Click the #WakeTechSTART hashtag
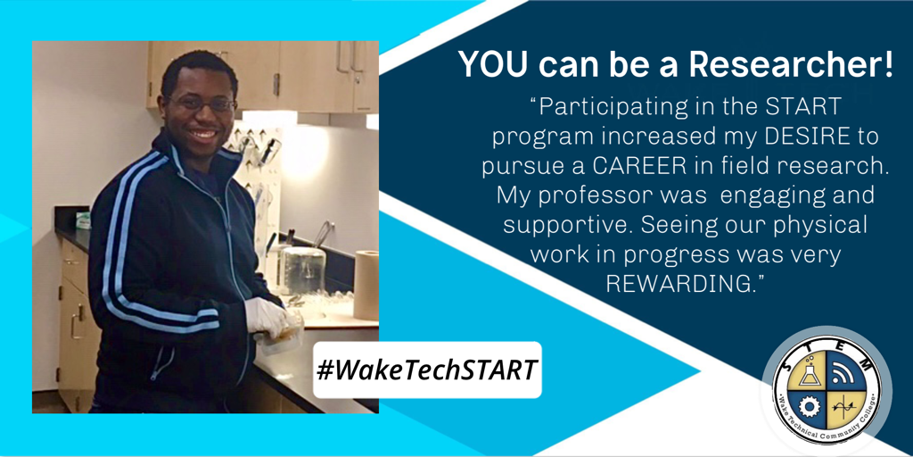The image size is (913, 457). pyautogui.click(x=427, y=370)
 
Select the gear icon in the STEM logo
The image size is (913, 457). pyautogui.click(x=809, y=406)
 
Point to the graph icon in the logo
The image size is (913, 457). pyautogui.click(x=842, y=406)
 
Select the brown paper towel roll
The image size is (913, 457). pyautogui.click(x=366, y=285)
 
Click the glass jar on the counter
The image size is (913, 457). pyautogui.click(x=304, y=270)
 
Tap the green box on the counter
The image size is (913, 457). pyautogui.click(x=83, y=220)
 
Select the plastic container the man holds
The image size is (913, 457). pyautogui.click(x=283, y=337)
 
